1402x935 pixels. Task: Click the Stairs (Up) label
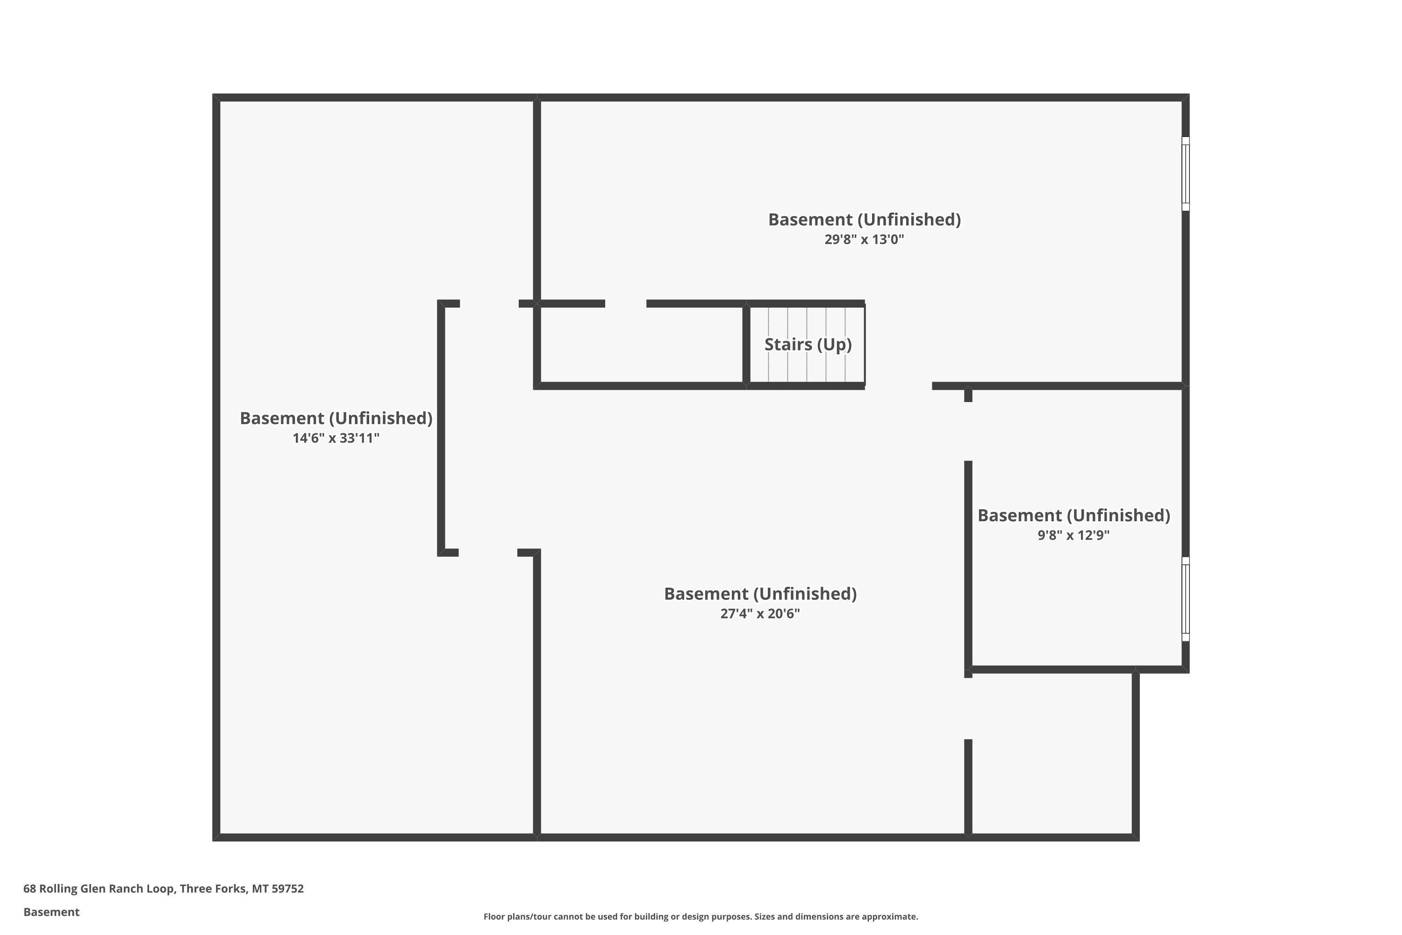click(808, 345)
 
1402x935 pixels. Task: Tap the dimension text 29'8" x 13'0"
click(864, 239)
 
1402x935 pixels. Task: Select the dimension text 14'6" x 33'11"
click(336, 439)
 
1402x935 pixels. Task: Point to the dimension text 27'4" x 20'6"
click(760, 613)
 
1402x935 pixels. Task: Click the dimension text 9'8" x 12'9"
click(1073, 535)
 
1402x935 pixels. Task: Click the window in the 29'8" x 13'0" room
click(1186, 173)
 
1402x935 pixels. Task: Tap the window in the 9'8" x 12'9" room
click(1186, 599)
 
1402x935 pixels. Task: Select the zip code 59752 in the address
click(287, 889)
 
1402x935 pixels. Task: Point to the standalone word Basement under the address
click(51, 912)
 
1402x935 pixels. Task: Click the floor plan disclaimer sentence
click(701, 916)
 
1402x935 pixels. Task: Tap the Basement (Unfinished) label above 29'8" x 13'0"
click(864, 219)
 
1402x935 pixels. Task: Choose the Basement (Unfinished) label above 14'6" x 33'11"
click(336, 418)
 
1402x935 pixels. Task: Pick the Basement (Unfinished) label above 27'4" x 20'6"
click(760, 593)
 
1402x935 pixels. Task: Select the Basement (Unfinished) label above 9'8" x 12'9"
click(1073, 515)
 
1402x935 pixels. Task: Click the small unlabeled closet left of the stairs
click(641, 345)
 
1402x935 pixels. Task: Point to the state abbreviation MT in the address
click(259, 889)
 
